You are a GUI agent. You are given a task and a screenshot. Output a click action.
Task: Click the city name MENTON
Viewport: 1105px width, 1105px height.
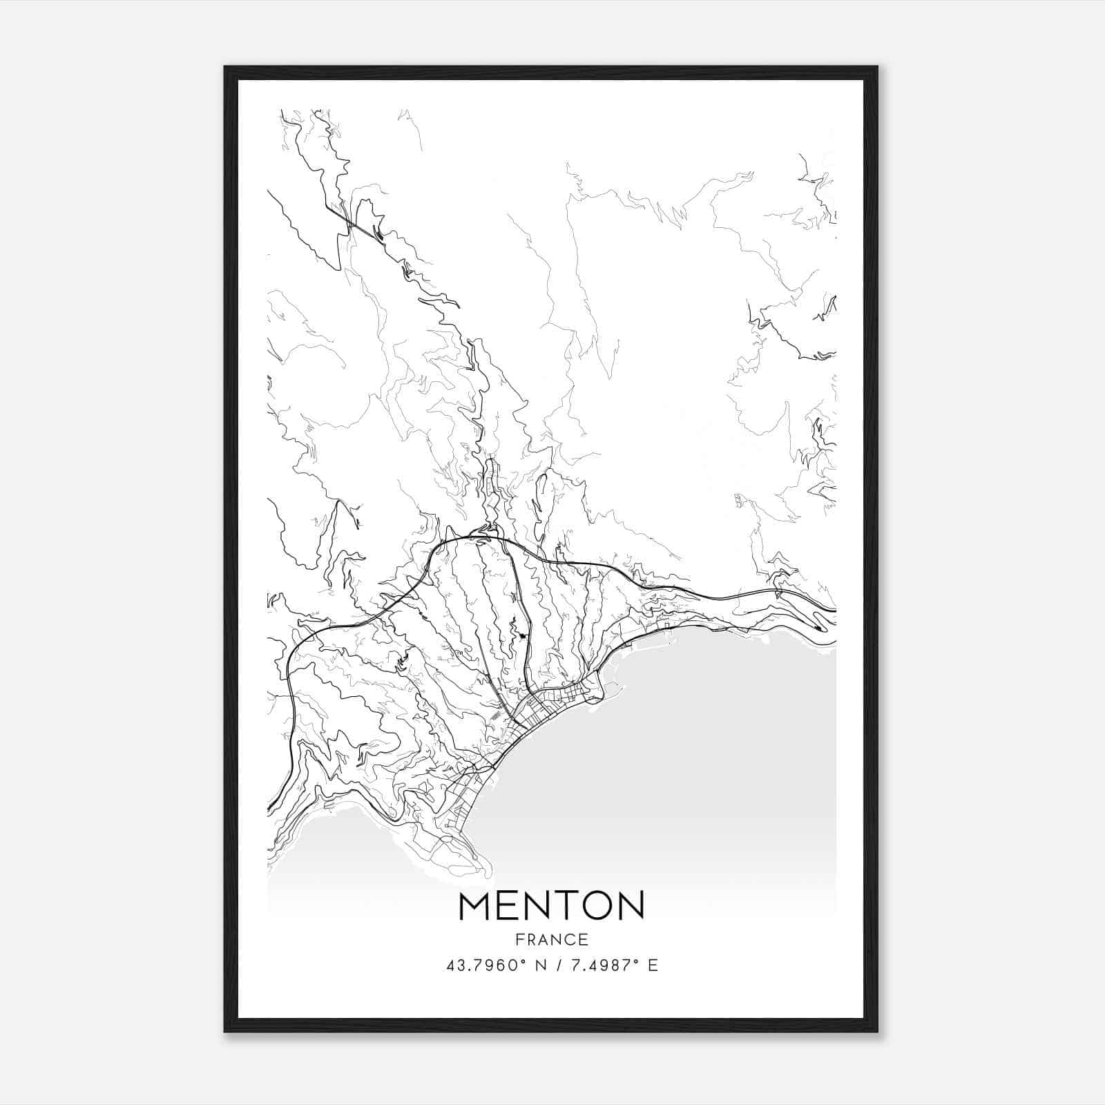pos(551,906)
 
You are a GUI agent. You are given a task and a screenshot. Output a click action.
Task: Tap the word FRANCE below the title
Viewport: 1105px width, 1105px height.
pos(551,939)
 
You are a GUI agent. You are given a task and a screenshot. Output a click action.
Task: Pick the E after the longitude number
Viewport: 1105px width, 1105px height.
pos(653,965)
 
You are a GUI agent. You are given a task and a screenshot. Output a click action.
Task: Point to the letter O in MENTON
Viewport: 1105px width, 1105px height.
pos(600,906)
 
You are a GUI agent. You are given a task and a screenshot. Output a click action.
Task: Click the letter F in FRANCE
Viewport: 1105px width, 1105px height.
pos(519,939)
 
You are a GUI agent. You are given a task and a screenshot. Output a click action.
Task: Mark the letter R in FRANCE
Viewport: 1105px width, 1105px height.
pos(530,939)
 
